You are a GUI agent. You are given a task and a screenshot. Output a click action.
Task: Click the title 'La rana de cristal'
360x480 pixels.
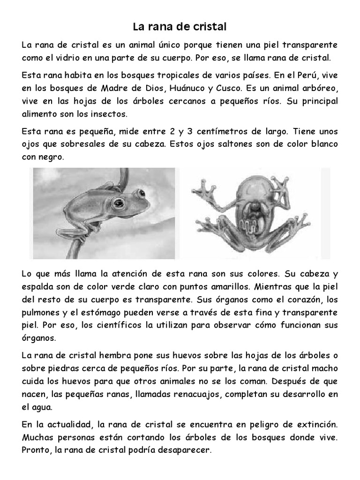point(180,27)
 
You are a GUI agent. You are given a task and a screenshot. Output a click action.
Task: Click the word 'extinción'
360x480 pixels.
point(312,424)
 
